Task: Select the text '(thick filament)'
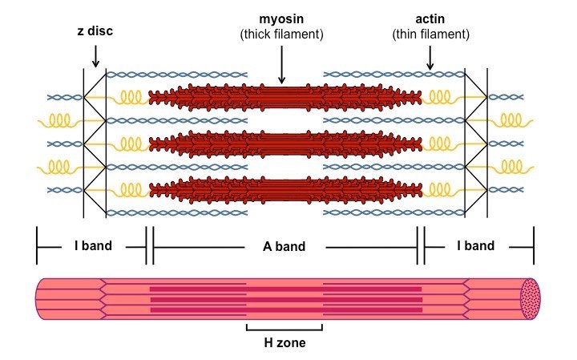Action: pos(281,34)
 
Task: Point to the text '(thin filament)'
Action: pos(430,34)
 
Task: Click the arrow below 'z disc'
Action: pos(95,56)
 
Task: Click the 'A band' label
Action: pos(284,246)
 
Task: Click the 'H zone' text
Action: pos(284,343)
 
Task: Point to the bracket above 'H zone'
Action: pos(284,328)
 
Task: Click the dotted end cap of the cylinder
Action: pos(531,299)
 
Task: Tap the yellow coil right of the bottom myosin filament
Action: pos(441,190)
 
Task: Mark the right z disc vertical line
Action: pos(487,144)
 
